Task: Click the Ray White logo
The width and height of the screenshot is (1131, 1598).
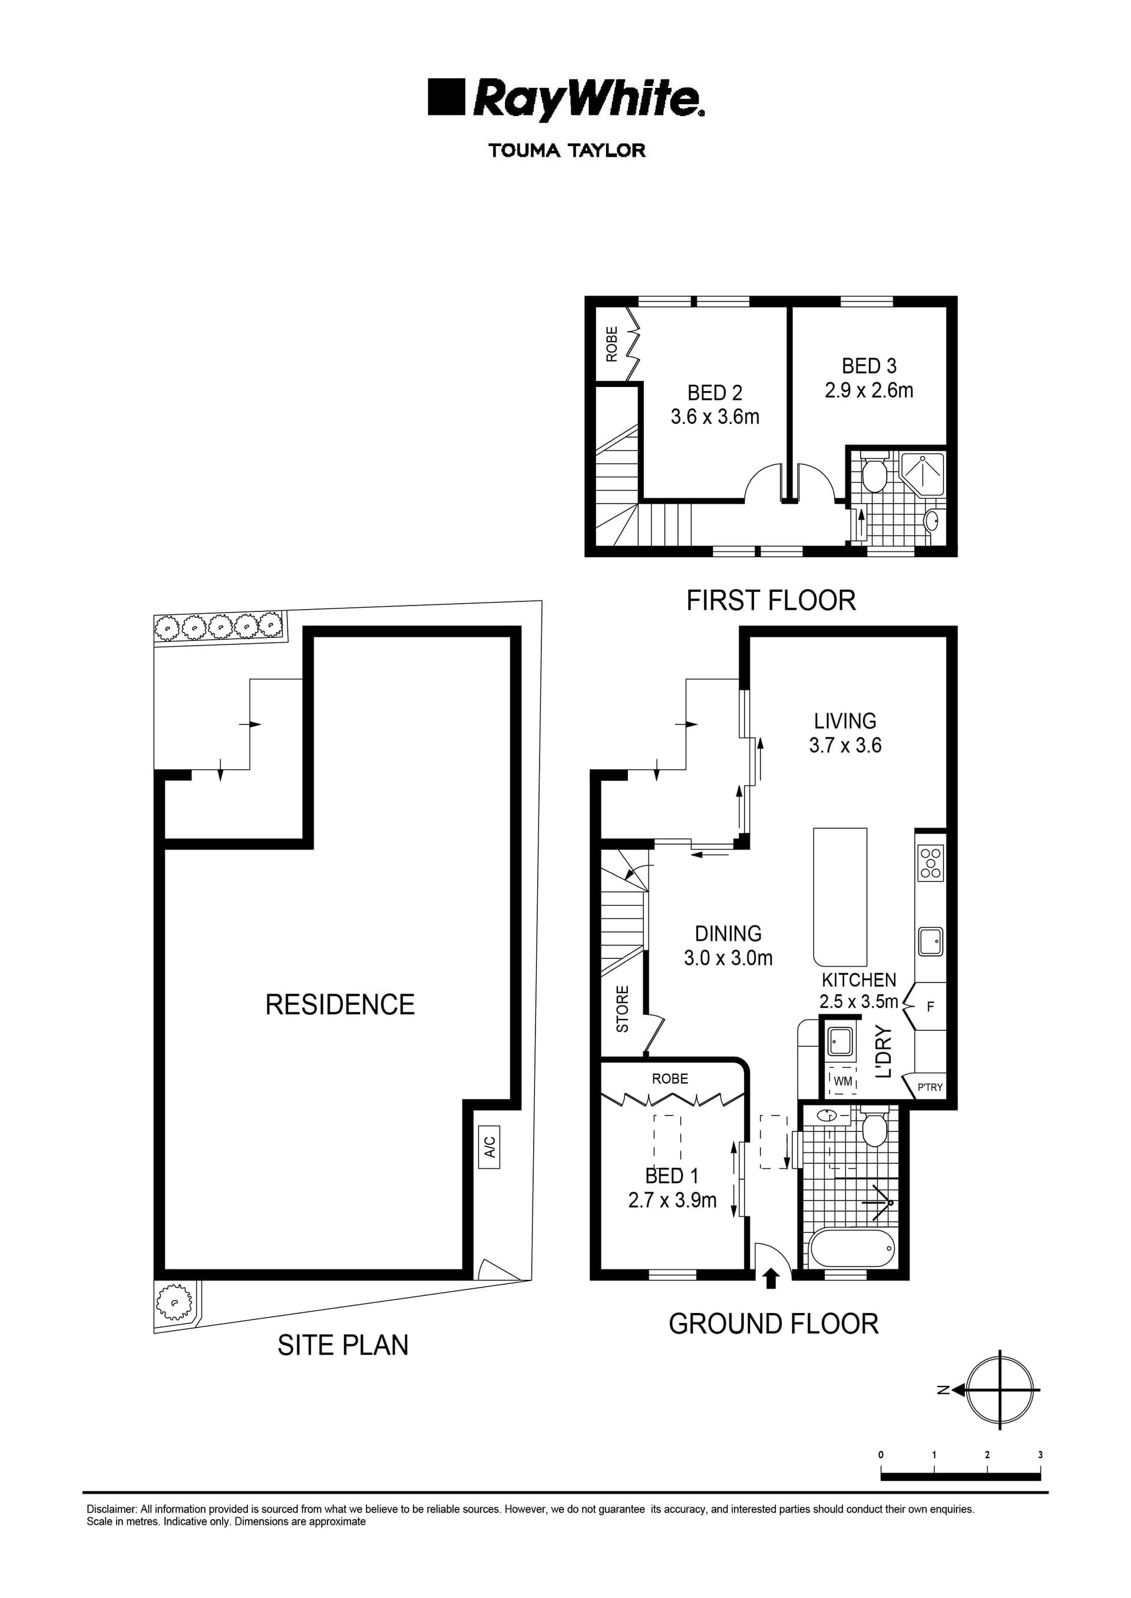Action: [565, 98]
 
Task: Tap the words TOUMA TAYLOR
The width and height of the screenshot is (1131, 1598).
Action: [566, 150]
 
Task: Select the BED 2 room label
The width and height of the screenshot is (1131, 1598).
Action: [715, 393]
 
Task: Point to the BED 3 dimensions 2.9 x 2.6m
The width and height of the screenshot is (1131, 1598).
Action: [868, 391]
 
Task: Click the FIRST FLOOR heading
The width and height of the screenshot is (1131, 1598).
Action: [770, 600]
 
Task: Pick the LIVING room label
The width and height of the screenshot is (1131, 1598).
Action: [845, 721]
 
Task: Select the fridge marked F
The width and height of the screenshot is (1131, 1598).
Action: [930, 1006]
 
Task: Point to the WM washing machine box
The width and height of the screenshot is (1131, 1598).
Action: [843, 1081]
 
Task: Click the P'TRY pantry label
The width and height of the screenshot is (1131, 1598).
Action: [930, 1087]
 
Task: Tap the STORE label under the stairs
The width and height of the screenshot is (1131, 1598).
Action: [623, 1009]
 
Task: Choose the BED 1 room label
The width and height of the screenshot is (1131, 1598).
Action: [672, 1176]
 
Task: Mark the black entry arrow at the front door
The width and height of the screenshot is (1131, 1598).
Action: [770, 1280]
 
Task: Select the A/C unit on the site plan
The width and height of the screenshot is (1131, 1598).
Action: [490, 1146]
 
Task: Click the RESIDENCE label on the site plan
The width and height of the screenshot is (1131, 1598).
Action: [340, 1005]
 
